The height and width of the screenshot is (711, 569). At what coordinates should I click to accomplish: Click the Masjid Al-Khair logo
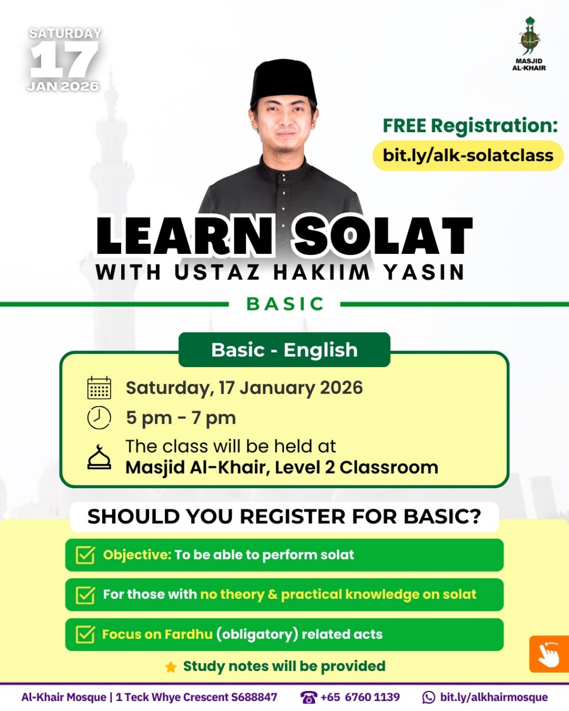529,42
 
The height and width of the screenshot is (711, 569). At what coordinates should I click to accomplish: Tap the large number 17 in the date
64,60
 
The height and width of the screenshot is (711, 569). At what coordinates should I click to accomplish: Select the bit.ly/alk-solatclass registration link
468,155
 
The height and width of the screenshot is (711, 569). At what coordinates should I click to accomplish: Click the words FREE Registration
470,126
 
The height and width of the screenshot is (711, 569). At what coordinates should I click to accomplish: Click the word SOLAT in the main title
383,236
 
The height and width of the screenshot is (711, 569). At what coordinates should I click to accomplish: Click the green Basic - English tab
284,350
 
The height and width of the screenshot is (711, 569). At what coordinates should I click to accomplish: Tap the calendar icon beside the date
99,388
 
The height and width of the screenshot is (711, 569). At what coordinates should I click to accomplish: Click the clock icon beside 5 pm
99,418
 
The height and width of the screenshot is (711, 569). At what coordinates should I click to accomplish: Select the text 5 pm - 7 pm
181,418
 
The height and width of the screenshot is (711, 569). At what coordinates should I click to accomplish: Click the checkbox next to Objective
85,555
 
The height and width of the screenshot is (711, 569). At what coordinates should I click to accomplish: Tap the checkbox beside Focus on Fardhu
85,634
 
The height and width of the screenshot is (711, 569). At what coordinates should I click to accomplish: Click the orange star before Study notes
171,667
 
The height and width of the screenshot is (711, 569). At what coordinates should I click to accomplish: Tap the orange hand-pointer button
548,654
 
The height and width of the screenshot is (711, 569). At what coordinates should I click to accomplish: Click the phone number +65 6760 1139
360,697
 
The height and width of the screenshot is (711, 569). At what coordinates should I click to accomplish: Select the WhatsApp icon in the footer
429,697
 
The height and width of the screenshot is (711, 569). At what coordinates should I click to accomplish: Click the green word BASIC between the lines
285,304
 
